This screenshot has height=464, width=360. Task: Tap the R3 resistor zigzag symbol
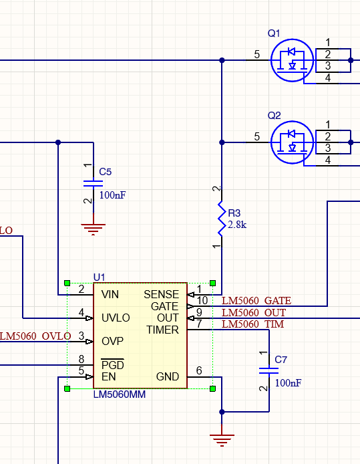(x=222, y=220)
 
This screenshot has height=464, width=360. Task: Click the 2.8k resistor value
(x=238, y=225)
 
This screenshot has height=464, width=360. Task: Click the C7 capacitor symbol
(x=271, y=370)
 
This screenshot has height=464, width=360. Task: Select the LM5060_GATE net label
(x=256, y=301)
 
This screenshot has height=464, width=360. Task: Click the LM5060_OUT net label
(x=253, y=312)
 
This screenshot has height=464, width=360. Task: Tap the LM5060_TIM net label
(x=252, y=324)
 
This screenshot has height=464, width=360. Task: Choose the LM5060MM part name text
(x=120, y=394)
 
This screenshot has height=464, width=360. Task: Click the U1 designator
(x=100, y=277)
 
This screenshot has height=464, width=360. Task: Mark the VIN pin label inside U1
(x=111, y=294)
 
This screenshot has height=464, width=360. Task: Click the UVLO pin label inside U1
(x=116, y=318)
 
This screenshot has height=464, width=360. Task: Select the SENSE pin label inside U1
(x=161, y=294)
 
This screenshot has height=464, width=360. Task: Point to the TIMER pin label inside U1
(x=162, y=330)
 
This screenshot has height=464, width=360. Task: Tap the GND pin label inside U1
(x=168, y=376)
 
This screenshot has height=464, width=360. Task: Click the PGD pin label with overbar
(x=112, y=365)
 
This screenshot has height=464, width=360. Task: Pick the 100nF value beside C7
(x=288, y=383)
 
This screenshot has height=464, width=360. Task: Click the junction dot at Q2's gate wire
(x=222, y=142)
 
